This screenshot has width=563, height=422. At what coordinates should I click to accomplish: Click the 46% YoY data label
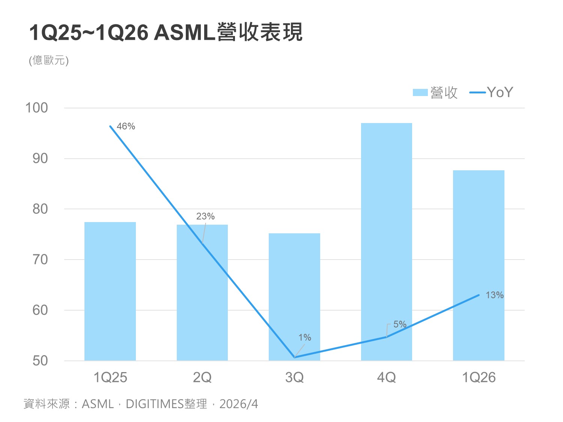pos(126,126)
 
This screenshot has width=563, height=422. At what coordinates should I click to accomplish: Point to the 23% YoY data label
pos(205,216)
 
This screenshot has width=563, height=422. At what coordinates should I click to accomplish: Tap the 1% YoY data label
pos(305,338)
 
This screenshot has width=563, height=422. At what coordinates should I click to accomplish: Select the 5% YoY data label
pos(400,324)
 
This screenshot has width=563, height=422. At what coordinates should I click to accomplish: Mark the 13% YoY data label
pos(494,295)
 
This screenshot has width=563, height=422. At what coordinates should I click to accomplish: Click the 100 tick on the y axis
pos(36,108)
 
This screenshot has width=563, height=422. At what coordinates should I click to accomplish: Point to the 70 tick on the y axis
pos(40,260)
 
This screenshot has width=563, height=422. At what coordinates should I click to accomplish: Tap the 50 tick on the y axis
pos(40,361)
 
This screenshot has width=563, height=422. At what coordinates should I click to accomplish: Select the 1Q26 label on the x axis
pos(479,377)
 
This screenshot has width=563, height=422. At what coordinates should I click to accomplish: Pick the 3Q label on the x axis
pos(294,377)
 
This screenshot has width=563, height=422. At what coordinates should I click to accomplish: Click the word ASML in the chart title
pos(184,33)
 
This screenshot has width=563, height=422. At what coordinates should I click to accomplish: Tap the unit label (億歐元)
pos(49,60)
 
